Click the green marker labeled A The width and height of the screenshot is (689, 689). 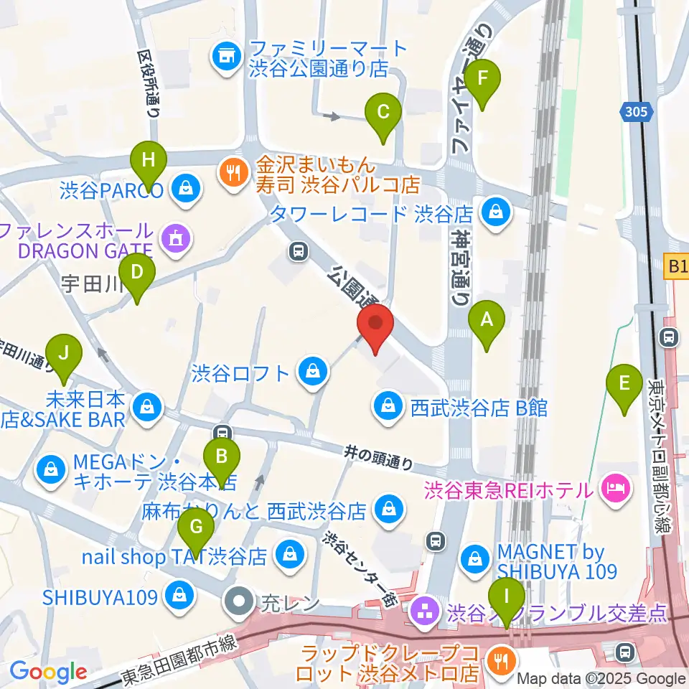click(x=487, y=319)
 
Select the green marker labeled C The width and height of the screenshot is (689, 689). click(x=383, y=113)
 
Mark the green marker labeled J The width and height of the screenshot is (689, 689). click(x=65, y=354)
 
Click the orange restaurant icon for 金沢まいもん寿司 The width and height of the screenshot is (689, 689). click(x=233, y=172)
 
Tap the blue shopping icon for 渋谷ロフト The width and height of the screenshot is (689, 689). click(x=312, y=372)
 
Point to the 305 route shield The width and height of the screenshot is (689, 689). click(x=635, y=111)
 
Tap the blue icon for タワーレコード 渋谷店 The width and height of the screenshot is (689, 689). click(x=495, y=212)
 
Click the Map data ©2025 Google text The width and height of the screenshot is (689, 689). click(x=601, y=678)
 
